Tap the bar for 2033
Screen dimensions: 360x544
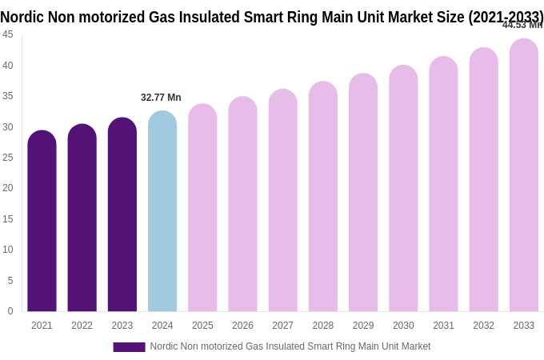pyautogui.click(x=524, y=175)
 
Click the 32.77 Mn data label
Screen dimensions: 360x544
pyautogui.click(x=161, y=98)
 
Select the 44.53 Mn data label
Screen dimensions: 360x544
pyautogui.click(x=522, y=25)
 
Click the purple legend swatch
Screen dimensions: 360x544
pyautogui.click(x=129, y=347)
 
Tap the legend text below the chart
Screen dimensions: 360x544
pyautogui.click(x=290, y=346)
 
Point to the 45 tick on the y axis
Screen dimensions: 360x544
pyautogui.click(x=8, y=34)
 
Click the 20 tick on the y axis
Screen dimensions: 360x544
pyautogui.click(x=8, y=188)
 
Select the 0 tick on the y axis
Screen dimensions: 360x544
pyautogui.click(x=10, y=311)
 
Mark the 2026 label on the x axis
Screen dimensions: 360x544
pyautogui.click(x=242, y=326)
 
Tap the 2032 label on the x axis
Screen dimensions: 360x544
pyautogui.click(x=483, y=326)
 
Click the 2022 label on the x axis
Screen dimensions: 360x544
pyautogui.click(x=82, y=326)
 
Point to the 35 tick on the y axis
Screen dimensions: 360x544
pyautogui.click(x=8, y=96)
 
